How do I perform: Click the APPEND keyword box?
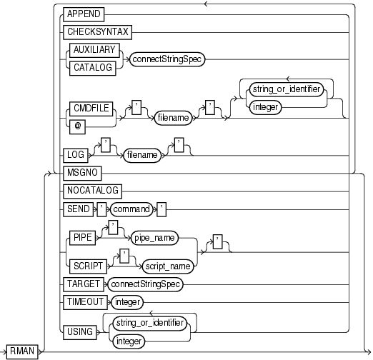click(84, 14)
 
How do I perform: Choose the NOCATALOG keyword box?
click(91, 191)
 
